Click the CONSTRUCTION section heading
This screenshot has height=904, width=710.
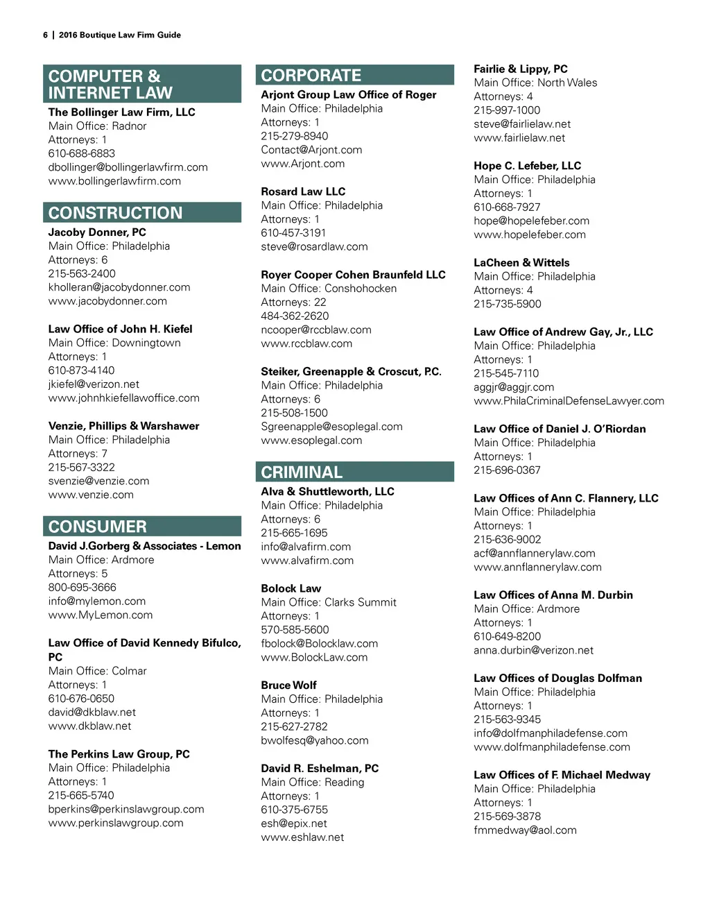tap(116, 213)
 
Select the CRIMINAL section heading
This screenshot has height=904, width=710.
tap(302, 472)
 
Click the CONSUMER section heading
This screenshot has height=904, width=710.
tap(98, 527)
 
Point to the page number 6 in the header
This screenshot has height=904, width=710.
tap(45, 35)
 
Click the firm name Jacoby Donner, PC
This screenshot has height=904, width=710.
tap(97, 232)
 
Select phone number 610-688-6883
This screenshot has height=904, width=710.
tap(82, 153)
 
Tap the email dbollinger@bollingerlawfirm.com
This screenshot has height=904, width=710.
tap(128, 167)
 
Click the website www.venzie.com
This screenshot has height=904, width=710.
tap(91, 495)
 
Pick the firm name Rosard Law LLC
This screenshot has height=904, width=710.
tap(303, 191)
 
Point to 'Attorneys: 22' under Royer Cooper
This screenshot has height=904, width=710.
tap(293, 302)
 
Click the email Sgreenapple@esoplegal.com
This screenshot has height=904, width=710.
tap(331, 427)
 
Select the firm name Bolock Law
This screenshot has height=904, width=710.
tap(291, 588)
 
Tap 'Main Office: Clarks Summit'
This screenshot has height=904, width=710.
tap(329, 602)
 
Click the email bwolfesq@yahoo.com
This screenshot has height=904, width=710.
tap(315, 740)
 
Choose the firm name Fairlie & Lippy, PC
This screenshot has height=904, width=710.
tap(521, 69)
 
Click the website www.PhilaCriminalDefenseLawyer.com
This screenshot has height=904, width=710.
tap(569, 401)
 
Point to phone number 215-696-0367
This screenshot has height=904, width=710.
tap(507, 470)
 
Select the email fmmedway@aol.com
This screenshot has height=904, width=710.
tap(525, 830)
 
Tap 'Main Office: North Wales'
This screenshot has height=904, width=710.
tap(535, 83)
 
